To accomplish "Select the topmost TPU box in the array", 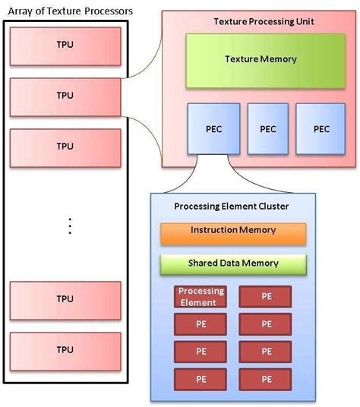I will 65,45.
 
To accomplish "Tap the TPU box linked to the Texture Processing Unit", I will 65,96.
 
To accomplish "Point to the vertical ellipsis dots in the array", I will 69,226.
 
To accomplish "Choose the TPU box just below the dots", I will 65,299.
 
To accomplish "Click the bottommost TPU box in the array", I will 65,350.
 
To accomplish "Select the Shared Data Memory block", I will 232,263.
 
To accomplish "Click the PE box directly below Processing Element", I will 201,324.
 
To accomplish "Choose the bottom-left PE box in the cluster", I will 201,378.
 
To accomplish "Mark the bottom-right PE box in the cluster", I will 265,378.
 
